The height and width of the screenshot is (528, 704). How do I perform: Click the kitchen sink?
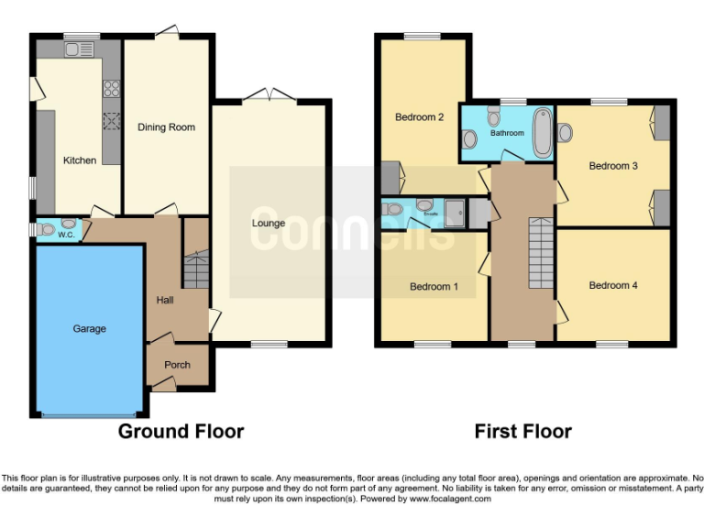(74, 49)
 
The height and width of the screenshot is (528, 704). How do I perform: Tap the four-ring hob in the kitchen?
(112, 89)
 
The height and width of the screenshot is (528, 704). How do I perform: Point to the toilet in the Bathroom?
(494, 116)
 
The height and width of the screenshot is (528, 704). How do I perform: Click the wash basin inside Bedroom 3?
(564, 133)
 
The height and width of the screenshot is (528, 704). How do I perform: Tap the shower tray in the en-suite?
(456, 213)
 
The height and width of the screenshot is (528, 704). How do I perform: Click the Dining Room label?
(166, 127)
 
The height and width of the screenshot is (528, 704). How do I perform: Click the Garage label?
(89, 328)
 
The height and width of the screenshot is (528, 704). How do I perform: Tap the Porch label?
(177, 365)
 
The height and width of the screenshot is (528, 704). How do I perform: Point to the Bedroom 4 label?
(613, 285)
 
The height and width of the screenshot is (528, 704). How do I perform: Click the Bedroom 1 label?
(434, 287)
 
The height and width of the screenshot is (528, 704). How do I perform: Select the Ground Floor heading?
(181, 431)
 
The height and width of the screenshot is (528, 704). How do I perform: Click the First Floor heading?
(522, 431)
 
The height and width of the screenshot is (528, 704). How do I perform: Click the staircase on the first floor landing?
(541, 253)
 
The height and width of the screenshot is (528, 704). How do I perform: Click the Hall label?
(165, 300)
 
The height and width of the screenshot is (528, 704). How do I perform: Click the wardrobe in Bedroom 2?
(390, 175)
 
